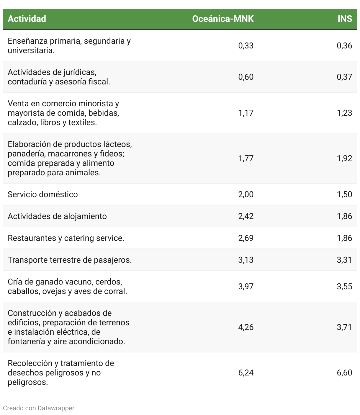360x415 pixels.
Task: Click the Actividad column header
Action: pos(27,19)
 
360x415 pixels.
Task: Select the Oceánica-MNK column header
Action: pos(223,19)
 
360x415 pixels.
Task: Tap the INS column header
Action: pos(345,19)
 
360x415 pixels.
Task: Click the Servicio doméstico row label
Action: pos(43,194)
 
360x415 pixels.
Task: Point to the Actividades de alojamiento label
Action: pos(57,216)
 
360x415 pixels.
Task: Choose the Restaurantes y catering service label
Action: pos(66,238)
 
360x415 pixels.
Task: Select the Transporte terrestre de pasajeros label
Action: pos(70,260)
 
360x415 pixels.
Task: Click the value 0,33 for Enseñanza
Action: pos(246,45)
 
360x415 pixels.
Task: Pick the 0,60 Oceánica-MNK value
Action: pos(246,77)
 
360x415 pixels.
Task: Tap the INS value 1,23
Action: pos(344,113)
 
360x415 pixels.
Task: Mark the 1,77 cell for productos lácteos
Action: pos(246,158)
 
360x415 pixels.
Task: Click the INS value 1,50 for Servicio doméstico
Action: pos(344,194)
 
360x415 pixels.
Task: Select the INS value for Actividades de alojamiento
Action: pos(344,216)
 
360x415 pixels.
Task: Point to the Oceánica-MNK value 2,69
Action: pos(246,238)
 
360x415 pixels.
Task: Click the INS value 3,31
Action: pos(344,260)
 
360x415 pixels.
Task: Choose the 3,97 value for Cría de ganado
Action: pos(246,286)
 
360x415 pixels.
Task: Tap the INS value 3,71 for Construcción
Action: pos(344,327)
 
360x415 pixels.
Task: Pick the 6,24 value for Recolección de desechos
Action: pos(246,372)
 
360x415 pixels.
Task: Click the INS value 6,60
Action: pos(344,372)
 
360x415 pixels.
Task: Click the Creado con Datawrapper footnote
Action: pos(39,408)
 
